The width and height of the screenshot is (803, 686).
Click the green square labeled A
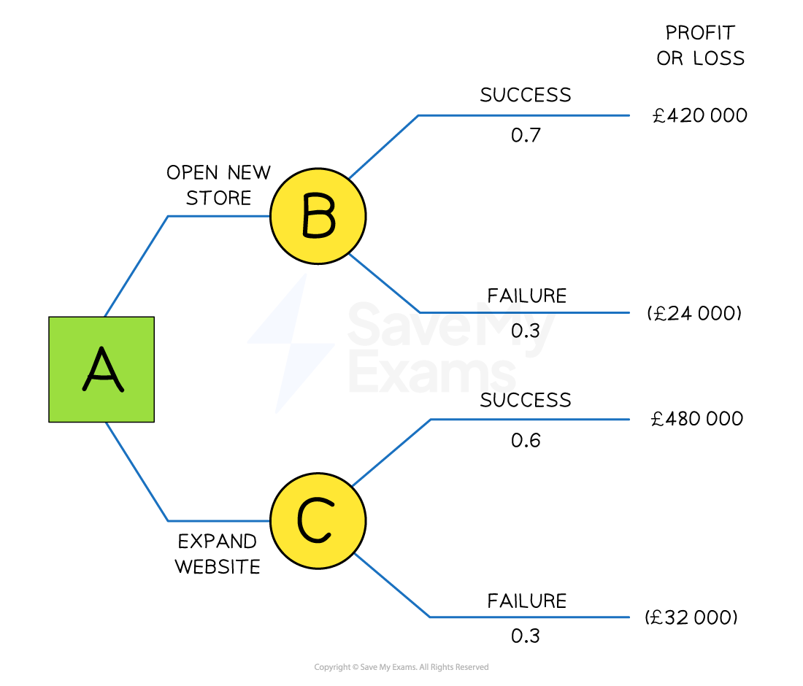[101, 369]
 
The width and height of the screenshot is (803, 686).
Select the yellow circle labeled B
[318, 216]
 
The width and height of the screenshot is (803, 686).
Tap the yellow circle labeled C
[318, 521]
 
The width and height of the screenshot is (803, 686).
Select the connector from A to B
[219, 216]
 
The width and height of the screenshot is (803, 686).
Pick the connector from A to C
[219, 521]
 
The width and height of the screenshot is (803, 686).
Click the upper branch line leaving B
[524, 115]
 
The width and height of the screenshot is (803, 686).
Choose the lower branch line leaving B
[524, 312]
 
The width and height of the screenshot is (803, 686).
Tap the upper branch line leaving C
[529, 420]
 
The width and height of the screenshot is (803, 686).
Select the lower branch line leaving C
[529, 617]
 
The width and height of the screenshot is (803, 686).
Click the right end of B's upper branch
[629, 115]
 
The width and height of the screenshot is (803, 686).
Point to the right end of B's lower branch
[629, 312]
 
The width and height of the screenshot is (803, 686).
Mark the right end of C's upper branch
[629, 420]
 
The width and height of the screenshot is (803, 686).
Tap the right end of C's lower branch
[629, 617]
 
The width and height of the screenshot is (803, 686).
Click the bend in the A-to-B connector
[169, 216]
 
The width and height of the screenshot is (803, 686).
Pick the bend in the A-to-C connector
[169, 521]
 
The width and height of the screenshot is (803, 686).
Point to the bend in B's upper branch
[419, 115]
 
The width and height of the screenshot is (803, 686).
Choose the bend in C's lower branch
[430, 617]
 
